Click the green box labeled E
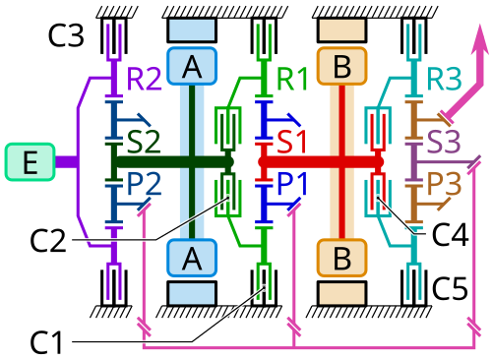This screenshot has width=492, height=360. pyautogui.click(x=30, y=162)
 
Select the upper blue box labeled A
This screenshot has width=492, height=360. pyautogui.click(x=192, y=66)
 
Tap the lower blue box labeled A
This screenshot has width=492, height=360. pyautogui.click(x=192, y=258)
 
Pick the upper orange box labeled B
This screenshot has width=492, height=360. pyautogui.click(x=341, y=66)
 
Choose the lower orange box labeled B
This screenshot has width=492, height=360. pyautogui.click(x=341, y=258)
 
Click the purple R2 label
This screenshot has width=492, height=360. pyautogui.click(x=144, y=79)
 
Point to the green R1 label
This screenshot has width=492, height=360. pyautogui.click(x=292, y=79)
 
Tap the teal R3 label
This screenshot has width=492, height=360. pyautogui.click(x=444, y=79)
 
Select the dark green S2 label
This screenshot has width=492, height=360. pyautogui.click(x=144, y=142)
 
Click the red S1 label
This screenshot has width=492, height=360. pyautogui.click(x=292, y=142)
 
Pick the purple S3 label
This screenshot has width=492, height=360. pyautogui.click(x=444, y=142)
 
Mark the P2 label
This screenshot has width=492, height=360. pyautogui.click(x=144, y=184)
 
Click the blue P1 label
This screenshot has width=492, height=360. pyautogui.click(x=292, y=184)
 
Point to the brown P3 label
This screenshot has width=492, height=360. pyautogui.click(x=444, y=184)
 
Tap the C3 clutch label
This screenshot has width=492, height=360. pyautogui.click(x=66, y=34)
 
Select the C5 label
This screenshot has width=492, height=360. pyautogui.click(x=450, y=288)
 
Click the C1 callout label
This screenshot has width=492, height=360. pyautogui.click(x=46, y=342)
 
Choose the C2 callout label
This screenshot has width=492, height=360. pyautogui.click(x=48, y=241)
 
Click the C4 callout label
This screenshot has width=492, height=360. pyautogui.click(x=451, y=235)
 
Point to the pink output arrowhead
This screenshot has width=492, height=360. pyautogui.click(x=480, y=40)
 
